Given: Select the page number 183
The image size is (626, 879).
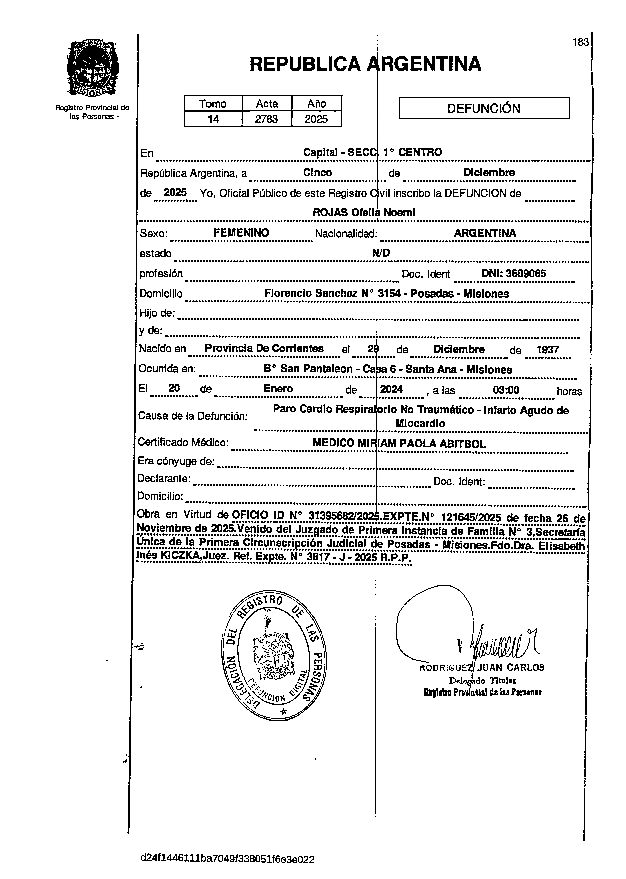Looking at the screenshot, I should [x=580, y=42].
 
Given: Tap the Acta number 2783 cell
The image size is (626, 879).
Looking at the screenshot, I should [x=266, y=119].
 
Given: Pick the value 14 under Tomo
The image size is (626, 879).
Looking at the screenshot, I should [x=213, y=119].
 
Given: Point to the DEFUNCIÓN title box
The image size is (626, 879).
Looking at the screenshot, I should [x=484, y=108].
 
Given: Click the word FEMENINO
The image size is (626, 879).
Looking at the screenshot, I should [x=241, y=233].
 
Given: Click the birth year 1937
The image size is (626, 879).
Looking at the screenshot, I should [x=547, y=350].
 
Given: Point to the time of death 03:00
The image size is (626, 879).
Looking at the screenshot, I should [x=506, y=390].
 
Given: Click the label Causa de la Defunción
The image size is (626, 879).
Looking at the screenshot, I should [x=193, y=416].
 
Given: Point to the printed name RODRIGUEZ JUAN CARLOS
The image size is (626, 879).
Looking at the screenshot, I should [x=482, y=668].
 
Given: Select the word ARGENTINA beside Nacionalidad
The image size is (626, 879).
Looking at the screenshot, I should [x=485, y=233].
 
